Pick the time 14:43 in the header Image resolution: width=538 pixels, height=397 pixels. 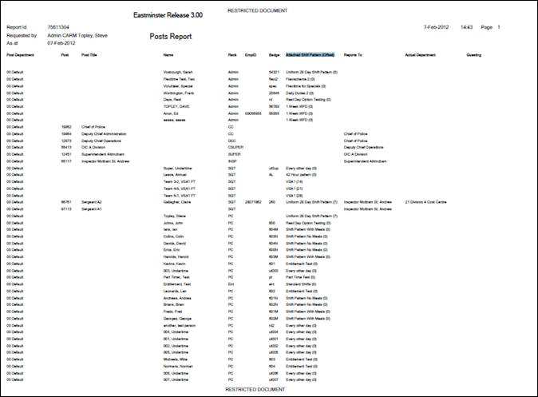click(466, 26)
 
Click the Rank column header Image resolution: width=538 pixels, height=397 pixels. click(232, 56)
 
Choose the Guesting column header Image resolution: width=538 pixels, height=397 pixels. click(473, 56)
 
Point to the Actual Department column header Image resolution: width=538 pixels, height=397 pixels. click(423, 56)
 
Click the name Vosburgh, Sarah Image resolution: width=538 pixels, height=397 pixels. click(179, 72)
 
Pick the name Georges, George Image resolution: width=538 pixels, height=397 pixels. click(180, 319)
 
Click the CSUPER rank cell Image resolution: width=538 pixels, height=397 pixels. click(235, 148)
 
